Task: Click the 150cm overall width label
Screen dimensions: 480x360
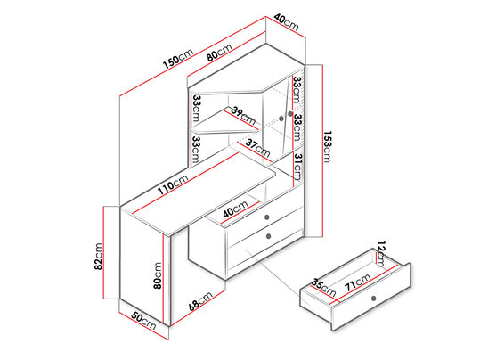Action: (178, 59)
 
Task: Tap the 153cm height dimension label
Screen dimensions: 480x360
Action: (327, 147)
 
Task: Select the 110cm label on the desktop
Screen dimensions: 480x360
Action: (173, 185)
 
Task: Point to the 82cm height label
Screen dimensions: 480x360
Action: (98, 257)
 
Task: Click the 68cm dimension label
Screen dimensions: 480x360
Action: (200, 301)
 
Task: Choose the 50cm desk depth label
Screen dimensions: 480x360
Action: (143, 320)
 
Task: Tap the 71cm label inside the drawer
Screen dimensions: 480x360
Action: (358, 282)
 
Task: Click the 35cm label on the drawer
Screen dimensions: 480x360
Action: (323, 287)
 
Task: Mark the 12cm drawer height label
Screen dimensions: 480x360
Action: (381, 254)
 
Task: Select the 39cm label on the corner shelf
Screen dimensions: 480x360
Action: (243, 115)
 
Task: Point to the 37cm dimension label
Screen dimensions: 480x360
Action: (257, 148)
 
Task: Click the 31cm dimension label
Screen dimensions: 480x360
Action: (297, 167)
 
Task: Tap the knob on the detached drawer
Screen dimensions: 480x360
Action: (373, 299)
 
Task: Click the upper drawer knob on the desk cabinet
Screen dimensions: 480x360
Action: (266, 217)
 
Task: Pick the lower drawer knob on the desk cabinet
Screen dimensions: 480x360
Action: (269, 236)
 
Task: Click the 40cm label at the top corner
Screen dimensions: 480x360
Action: (286, 22)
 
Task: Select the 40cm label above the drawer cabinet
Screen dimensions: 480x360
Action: (235, 209)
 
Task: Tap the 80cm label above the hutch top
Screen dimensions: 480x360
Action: (219, 53)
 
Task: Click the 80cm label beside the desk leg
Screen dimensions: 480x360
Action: (158, 275)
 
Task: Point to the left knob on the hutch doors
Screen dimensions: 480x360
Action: (281, 119)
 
